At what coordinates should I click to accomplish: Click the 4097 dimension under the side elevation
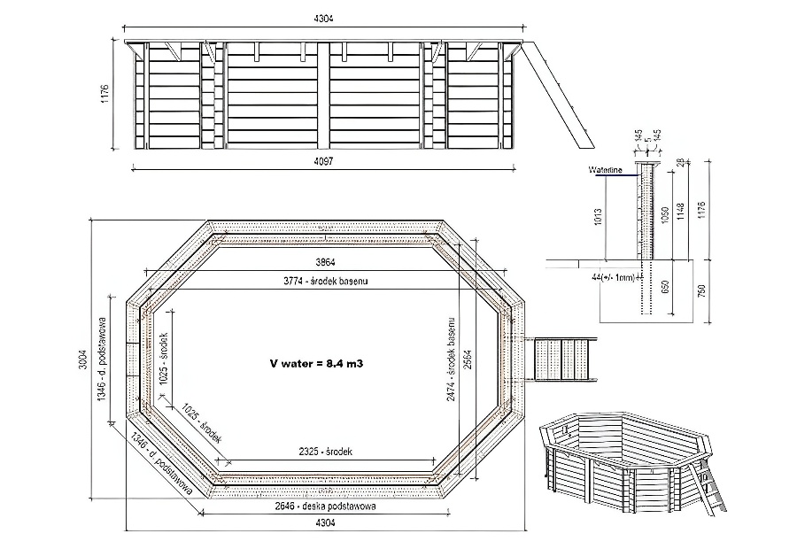pyautogui.click(x=322, y=160)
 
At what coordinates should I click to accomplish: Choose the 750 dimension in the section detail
pyautogui.click(x=704, y=292)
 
